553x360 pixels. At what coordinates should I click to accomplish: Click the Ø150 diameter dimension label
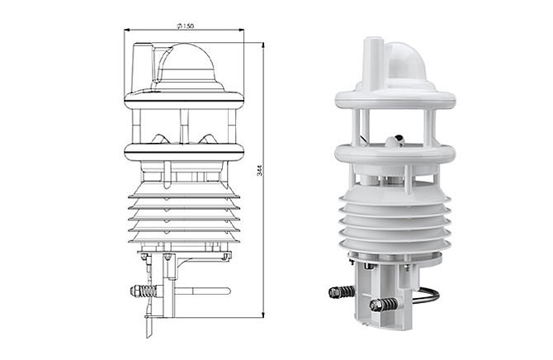click(185, 26)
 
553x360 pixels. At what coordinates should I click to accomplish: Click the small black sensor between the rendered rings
click(399, 139)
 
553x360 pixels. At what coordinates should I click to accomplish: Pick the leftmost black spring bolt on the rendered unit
click(342, 292)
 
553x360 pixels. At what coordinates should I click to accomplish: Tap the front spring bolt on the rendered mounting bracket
click(384, 305)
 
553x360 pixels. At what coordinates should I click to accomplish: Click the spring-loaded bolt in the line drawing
click(144, 291)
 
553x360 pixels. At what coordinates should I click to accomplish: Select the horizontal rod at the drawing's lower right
click(203, 291)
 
